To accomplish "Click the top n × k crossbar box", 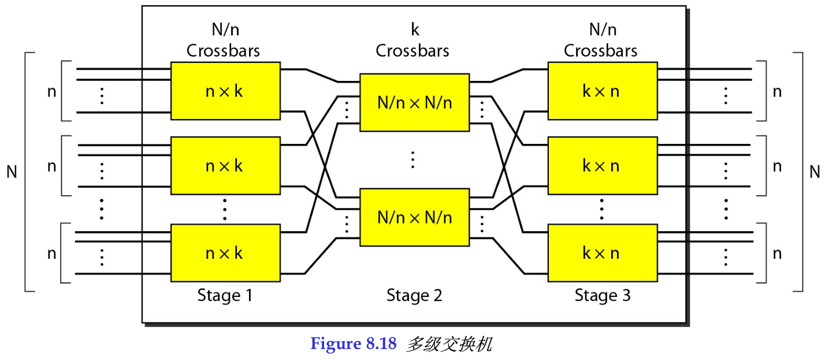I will point(225,91).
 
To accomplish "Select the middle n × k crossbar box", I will point(225,166).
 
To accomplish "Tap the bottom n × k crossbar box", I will point(225,253).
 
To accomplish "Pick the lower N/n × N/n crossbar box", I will point(414,217).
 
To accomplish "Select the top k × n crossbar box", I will point(602,91).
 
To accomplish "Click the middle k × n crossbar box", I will point(602,166).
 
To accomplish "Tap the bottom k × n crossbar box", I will point(602,253).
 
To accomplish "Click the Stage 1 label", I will point(225,296).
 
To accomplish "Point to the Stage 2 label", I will point(414,296).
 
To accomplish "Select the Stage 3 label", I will point(603,296).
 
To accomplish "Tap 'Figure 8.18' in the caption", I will point(354,344).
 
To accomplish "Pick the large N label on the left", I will point(12,172).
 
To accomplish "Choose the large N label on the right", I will point(815,172).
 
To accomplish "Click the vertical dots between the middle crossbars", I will point(412,159).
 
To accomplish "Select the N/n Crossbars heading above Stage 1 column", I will point(223,41).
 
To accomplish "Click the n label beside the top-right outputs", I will point(778,91).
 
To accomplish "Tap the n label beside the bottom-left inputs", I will point(51,253).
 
